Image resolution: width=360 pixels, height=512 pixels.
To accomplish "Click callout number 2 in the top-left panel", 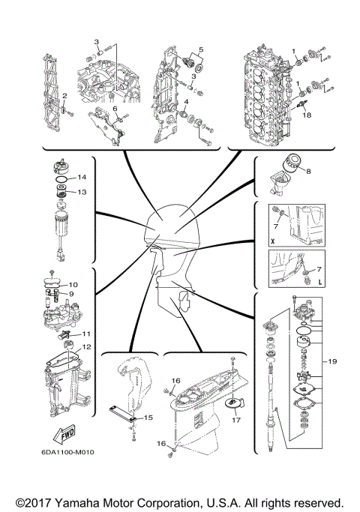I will tap(65, 96).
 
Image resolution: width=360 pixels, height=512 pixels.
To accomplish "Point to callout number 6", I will tap(115, 109).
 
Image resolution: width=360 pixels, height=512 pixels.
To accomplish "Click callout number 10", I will tap(73, 285).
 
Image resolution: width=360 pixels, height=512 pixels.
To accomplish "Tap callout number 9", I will tap(73, 294).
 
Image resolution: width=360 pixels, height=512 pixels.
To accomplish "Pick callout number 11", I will tap(86, 334).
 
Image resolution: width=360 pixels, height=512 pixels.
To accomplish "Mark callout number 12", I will tap(87, 346).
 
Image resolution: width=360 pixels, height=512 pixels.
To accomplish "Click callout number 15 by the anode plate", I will tap(149, 417).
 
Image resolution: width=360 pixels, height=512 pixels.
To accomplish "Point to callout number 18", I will tap(307, 115).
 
